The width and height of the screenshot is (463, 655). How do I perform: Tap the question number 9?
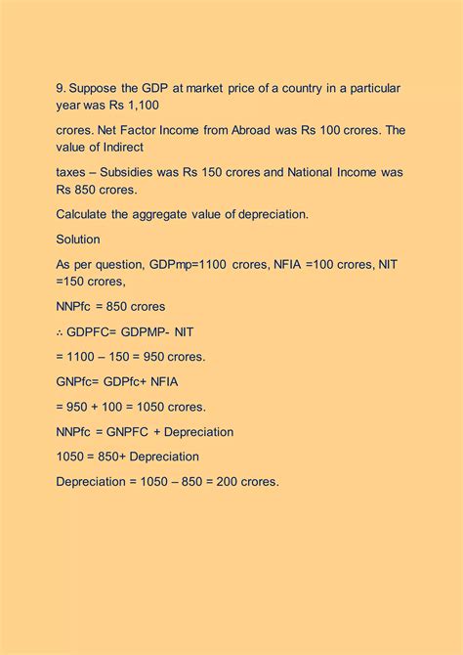[x=60, y=88]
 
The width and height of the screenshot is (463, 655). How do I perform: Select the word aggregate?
[x=181, y=214]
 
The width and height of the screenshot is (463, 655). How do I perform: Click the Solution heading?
[x=78, y=239]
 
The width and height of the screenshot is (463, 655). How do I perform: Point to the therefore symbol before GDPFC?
[x=61, y=331]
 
